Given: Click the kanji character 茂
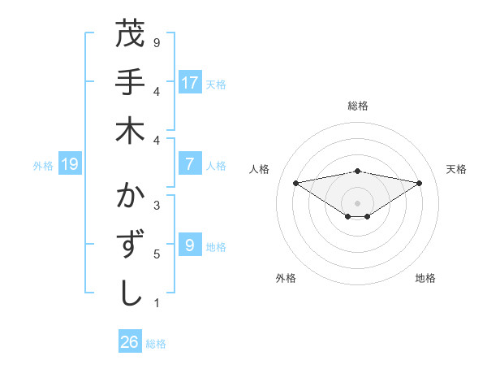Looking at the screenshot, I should (130, 34).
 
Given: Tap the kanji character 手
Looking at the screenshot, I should (130, 82).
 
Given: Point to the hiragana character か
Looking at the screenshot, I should (130, 197).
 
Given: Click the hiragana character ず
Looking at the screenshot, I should (130, 245).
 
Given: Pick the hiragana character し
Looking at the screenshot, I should (130, 293).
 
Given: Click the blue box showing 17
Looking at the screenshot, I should (190, 83).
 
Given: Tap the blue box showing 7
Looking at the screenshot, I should (190, 164).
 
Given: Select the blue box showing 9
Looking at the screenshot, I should (190, 245).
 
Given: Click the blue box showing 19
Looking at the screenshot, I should (70, 165).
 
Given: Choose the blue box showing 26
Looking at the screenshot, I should (130, 342).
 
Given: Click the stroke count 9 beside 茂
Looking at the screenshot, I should (157, 41).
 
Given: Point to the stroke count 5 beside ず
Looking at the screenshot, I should (157, 254).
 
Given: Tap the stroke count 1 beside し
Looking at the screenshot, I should (157, 303).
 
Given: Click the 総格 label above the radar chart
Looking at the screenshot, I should (357, 106).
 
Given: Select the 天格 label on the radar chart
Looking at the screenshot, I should (456, 169).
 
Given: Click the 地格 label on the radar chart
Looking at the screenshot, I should (425, 278).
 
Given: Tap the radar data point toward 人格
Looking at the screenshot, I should (296, 182).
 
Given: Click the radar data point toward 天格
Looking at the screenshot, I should (420, 183).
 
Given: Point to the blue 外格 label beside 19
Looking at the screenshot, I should (42, 165).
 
